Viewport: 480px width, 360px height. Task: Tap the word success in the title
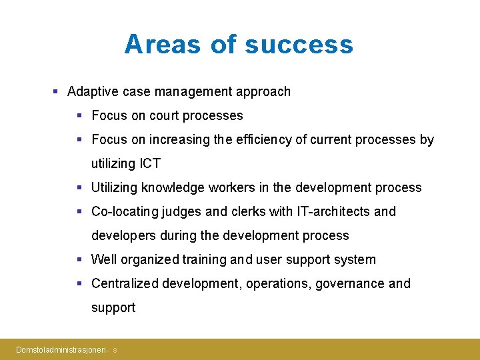coord(299,45)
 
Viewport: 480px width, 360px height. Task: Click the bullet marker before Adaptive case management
coord(57,91)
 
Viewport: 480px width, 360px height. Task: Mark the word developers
coord(120,235)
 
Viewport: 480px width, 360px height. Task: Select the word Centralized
coord(124,283)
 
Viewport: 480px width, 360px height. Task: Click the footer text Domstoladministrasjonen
coord(61,349)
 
